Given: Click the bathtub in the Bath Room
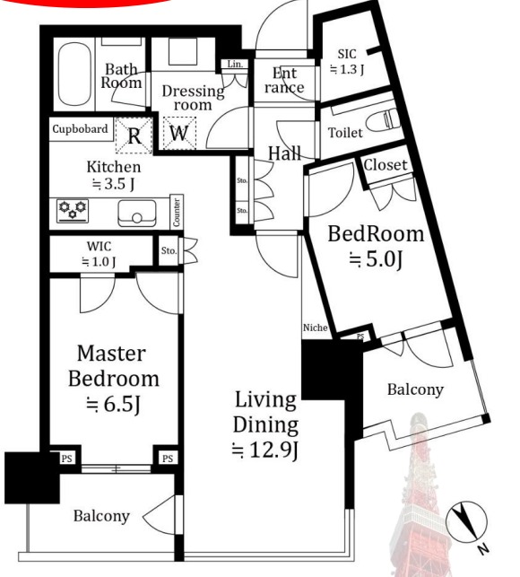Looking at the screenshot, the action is tap(74, 74).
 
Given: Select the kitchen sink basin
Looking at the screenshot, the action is tap(137, 213).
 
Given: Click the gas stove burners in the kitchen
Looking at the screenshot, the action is tap(73, 211).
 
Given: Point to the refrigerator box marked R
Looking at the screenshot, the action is tap(134, 136).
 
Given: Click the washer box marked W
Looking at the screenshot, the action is tap(179, 133).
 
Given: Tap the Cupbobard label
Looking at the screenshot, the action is tap(80, 129).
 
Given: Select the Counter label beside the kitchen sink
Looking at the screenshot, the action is tap(177, 213).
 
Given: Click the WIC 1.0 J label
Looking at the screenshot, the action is tap(99, 254).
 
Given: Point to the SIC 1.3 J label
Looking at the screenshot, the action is tap(347, 62).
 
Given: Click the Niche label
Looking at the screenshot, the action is tap(316, 328).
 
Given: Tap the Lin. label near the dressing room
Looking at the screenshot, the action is tap(235, 64).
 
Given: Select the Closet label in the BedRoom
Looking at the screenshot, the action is tap(385, 165).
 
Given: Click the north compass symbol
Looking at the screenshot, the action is tap(467, 522).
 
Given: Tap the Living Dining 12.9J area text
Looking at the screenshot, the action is tap(265, 425).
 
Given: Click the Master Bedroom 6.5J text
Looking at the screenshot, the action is tap(114, 379).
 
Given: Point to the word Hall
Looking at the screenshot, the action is tap(284, 153).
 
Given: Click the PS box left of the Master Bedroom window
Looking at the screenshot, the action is tap(66, 459).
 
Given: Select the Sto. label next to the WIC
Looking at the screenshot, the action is tap(169, 250).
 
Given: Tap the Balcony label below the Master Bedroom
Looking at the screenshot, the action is tap(101, 516).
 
